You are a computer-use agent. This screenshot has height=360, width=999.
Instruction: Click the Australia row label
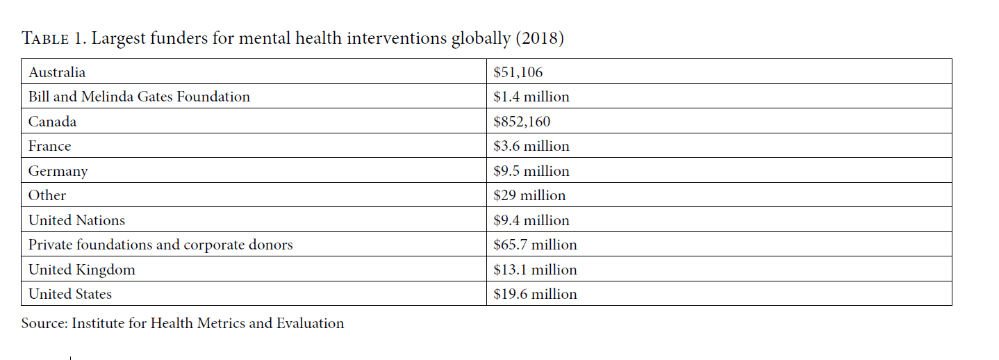point(57,72)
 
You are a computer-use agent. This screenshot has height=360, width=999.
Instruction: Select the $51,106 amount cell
point(518,72)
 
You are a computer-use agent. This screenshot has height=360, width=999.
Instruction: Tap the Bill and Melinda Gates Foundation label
point(139,97)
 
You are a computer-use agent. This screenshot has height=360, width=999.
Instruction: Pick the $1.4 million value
point(531,97)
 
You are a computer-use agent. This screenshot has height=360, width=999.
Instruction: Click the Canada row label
point(52,122)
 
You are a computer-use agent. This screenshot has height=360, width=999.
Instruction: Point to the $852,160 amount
point(522,122)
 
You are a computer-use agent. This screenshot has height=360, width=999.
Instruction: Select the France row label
point(49,147)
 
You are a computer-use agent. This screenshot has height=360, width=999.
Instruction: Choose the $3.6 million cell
point(531,147)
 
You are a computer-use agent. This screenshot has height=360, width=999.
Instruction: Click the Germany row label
point(58,171)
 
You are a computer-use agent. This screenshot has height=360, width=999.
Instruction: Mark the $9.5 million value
point(531,171)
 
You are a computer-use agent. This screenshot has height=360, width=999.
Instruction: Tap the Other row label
point(47,195)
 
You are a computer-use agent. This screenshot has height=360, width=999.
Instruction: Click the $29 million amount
point(529,195)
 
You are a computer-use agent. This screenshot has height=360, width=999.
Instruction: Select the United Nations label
point(76,220)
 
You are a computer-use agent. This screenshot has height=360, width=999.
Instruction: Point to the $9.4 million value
point(531,220)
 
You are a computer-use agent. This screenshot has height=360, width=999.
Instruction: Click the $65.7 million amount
point(535,245)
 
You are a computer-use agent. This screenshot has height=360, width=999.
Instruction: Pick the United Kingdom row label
point(81,270)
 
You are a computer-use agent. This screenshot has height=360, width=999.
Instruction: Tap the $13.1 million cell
point(535,270)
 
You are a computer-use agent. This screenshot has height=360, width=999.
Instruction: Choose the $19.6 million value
point(535,294)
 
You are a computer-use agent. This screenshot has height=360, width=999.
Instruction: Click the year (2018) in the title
point(540,38)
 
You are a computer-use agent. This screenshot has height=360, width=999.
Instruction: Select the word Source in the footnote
point(44,323)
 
